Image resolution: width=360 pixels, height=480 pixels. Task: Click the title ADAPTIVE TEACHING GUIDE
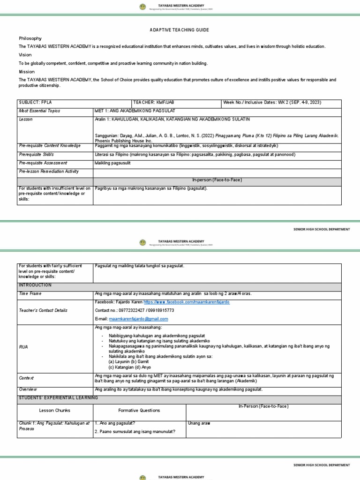point(180,30)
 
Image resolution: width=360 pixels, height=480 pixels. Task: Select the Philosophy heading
point(30,38)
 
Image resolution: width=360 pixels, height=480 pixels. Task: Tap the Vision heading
point(26,55)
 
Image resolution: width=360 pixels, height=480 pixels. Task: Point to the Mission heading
point(27,72)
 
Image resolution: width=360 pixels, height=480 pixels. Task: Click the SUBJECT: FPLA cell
point(35,103)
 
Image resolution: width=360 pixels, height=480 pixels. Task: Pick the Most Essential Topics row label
point(39,111)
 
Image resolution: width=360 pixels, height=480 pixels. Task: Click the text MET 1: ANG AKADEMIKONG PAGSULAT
point(135,111)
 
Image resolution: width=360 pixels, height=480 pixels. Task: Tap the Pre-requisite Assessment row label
point(44,163)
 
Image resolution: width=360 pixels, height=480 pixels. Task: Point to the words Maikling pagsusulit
point(112,163)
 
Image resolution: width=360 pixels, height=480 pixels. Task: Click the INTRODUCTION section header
point(35,285)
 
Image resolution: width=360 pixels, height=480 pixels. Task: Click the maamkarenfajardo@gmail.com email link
point(138,319)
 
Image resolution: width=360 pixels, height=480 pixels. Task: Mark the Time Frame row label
point(30,293)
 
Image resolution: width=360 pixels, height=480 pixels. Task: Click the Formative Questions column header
point(139,410)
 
